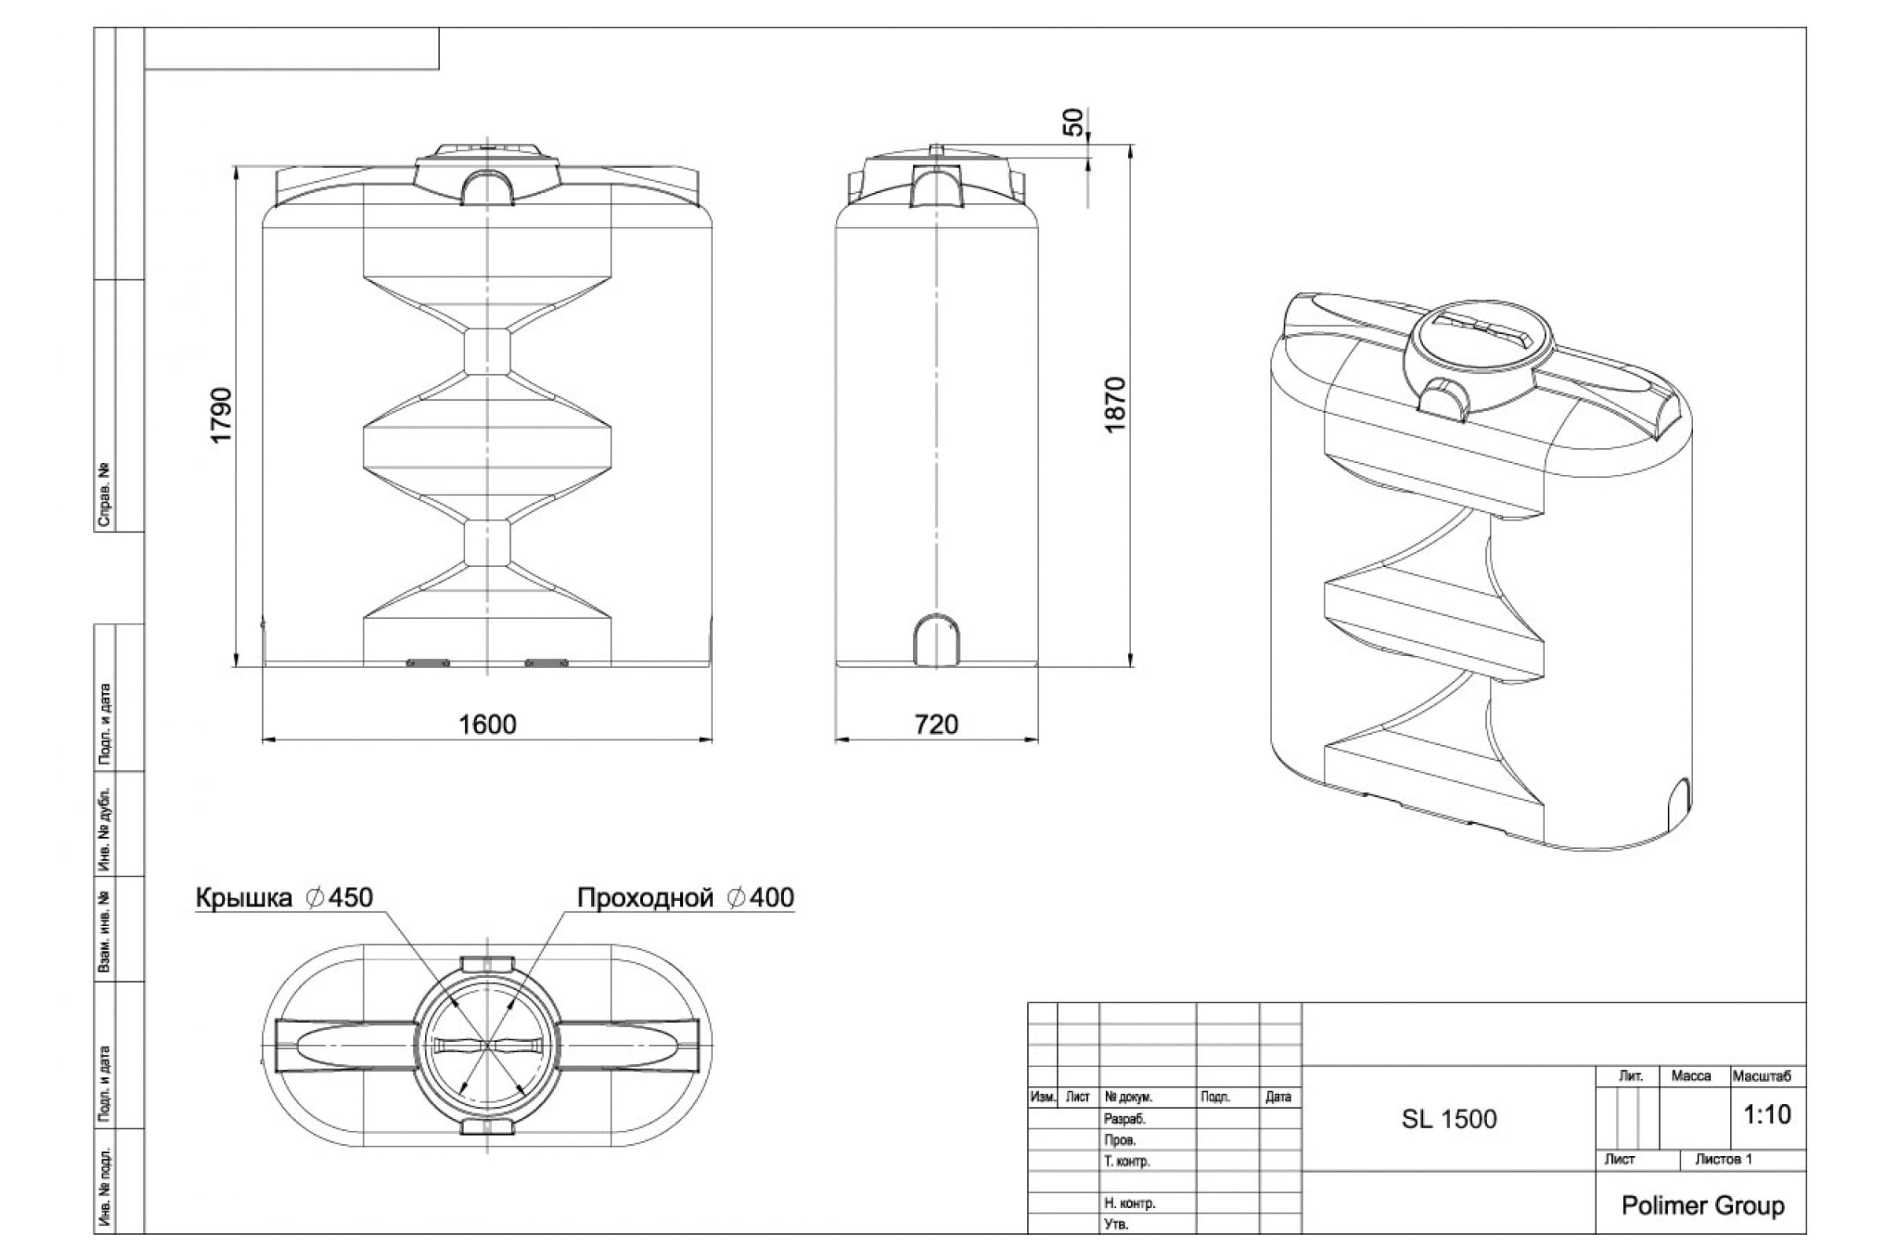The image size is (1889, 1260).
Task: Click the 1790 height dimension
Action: tap(221, 415)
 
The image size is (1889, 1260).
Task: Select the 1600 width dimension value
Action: tap(487, 724)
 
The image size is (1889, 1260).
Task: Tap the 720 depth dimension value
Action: tap(937, 724)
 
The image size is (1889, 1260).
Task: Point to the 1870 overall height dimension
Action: tap(1115, 405)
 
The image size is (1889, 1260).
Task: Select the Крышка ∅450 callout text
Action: tap(284, 898)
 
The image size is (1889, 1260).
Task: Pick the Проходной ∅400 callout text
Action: tap(686, 898)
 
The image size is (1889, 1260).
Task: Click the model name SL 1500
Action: tap(1449, 1119)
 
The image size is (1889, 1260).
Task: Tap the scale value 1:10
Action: tap(1767, 1114)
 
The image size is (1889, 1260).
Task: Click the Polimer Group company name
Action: tap(1702, 1206)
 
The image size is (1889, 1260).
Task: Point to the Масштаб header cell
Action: tap(1762, 1076)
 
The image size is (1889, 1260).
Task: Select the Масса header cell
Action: tap(1691, 1076)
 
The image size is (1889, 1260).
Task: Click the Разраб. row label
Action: tap(1125, 1119)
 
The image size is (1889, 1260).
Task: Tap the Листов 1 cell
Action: tap(1724, 1159)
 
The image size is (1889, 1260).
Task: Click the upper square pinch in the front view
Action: tap(487, 351)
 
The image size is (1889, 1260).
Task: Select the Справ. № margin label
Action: tap(104, 495)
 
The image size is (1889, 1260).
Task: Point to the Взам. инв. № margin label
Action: tap(104, 932)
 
